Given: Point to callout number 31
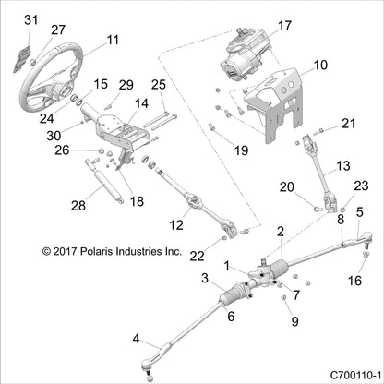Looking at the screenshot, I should click(x=31, y=19).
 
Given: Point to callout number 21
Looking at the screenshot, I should click(x=348, y=123).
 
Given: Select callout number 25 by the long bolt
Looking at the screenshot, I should click(x=159, y=85).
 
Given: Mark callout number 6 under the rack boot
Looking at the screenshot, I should click(x=232, y=316).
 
